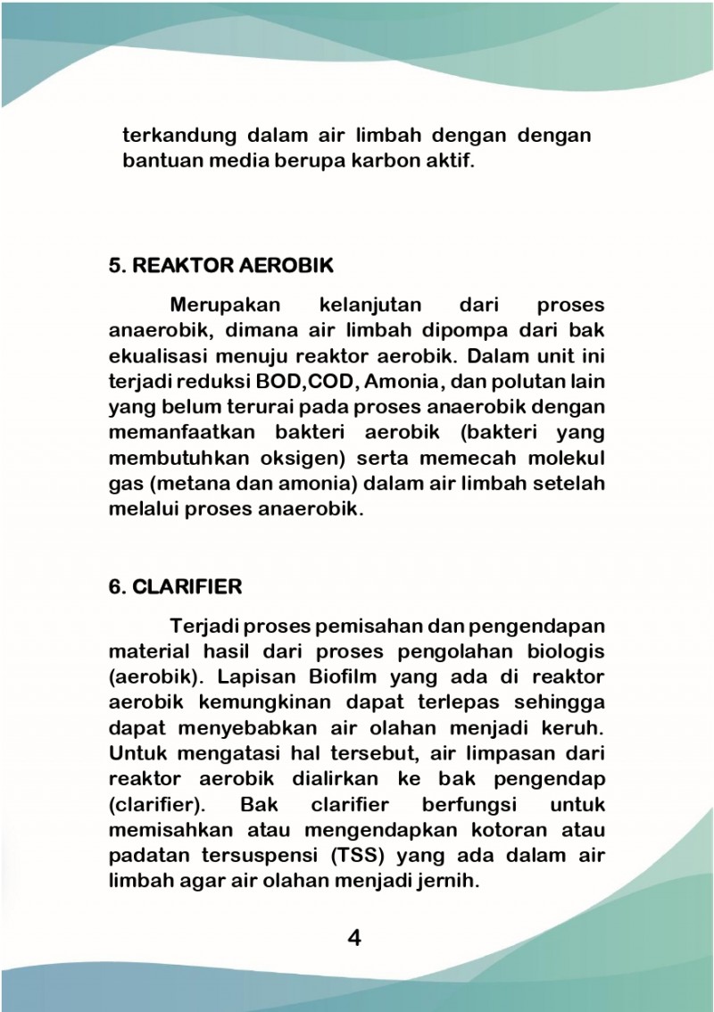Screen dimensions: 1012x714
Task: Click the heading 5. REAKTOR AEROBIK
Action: pyautogui.click(x=220, y=266)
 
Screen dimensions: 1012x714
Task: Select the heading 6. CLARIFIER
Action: pyautogui.click(x=175, y=586)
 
